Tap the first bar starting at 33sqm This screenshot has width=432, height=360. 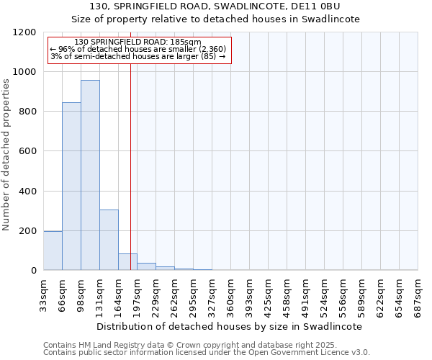[x=53, y=251]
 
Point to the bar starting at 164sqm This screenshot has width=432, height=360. [x=127, y=262]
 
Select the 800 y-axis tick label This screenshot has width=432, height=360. [x=27, y=112]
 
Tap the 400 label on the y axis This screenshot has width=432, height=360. [x=27, y=192]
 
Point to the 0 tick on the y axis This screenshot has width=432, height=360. [x=33, y=271]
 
